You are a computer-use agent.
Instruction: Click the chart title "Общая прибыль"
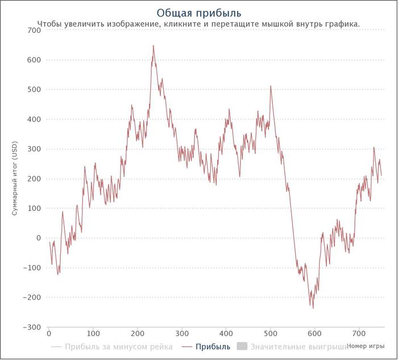[199, 13]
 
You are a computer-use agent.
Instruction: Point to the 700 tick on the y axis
[34, 30]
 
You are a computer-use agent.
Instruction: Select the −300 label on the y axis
[32, 327]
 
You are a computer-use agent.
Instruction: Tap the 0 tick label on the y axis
[39, 238]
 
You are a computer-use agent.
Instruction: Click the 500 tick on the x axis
[270, 333]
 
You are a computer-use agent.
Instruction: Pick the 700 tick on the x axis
[359, 333]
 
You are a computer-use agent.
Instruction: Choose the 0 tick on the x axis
[49, 333]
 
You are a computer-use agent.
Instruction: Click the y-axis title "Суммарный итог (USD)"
[15, 179]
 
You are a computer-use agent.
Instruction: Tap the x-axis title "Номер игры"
[366, 346]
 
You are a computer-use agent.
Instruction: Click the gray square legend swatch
[242, 346]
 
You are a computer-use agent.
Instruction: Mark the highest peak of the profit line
[154, 45]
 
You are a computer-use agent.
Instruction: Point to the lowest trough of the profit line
[313, 308]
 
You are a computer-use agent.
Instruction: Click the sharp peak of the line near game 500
[271, 86]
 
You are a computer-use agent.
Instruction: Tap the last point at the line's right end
[382, 175]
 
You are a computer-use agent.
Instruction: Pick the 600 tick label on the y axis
[34, 60]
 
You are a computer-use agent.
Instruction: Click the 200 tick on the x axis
[138, 333]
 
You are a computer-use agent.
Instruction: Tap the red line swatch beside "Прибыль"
[187, 347]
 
